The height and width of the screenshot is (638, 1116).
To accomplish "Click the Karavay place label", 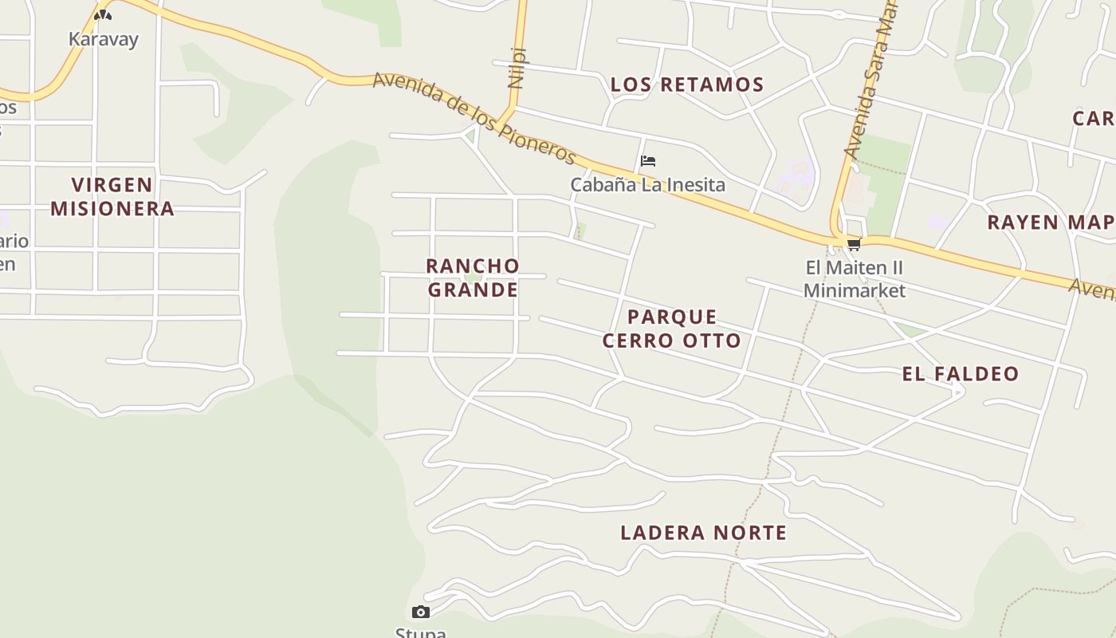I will pyautogui.click(x=103, y=39).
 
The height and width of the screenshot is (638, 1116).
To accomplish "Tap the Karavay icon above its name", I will pyautogui.click(x=102, y=14).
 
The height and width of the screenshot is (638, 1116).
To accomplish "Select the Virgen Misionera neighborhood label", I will pyautogui.click(x=112, y=196).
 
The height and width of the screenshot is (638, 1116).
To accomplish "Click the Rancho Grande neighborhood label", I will pyautogui.click(x=473, y=278).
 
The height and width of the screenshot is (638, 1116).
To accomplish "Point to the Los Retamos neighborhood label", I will pyautogui.click(x=686, y=85).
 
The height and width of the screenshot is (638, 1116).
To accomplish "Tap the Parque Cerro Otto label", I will pyautogui.click(x=671, y=329).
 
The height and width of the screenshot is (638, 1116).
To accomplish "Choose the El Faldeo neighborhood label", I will pyautogui.click(x=961, y=373).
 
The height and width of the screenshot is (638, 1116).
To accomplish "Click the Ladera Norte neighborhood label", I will pyautogui.click(x=703, y=533).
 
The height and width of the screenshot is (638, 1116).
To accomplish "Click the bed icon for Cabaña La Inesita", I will pyautogui.click(x=647, y=161).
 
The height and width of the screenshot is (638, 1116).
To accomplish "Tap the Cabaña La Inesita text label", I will pyautogui.click(x=647, y=185).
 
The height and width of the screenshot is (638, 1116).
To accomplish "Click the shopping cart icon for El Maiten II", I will pyautogui.click(x=854, y=244).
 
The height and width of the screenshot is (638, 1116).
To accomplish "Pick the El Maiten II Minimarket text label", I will pyautogui.click(x=854, y=278).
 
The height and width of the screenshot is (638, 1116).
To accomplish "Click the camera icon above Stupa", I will pyautogui.click(x=421, y=612).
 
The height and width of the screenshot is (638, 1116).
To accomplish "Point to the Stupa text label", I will pyautogui.click(x=421, y=632).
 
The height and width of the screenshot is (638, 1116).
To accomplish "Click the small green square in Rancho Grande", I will pyautogui.click(x=473, y=277).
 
